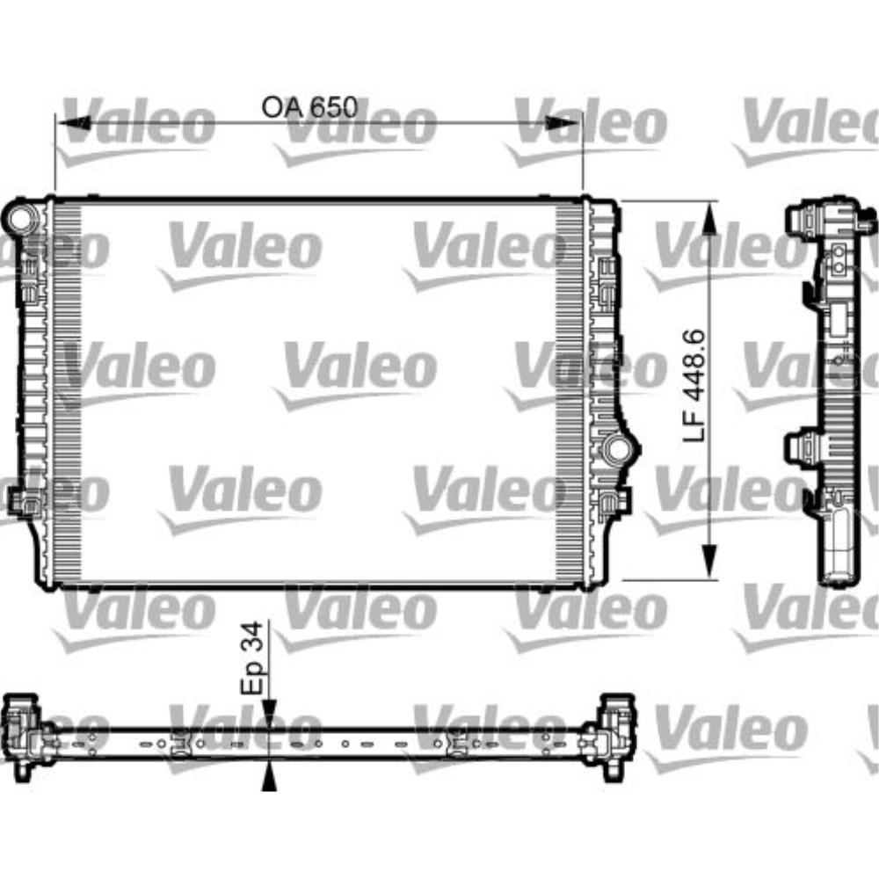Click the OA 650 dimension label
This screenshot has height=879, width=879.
pos(309,107)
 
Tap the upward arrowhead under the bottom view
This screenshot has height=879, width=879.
pos(270,775)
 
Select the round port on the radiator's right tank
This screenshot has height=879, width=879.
pos(618,449)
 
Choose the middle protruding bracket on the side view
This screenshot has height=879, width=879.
pos(802,446)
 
